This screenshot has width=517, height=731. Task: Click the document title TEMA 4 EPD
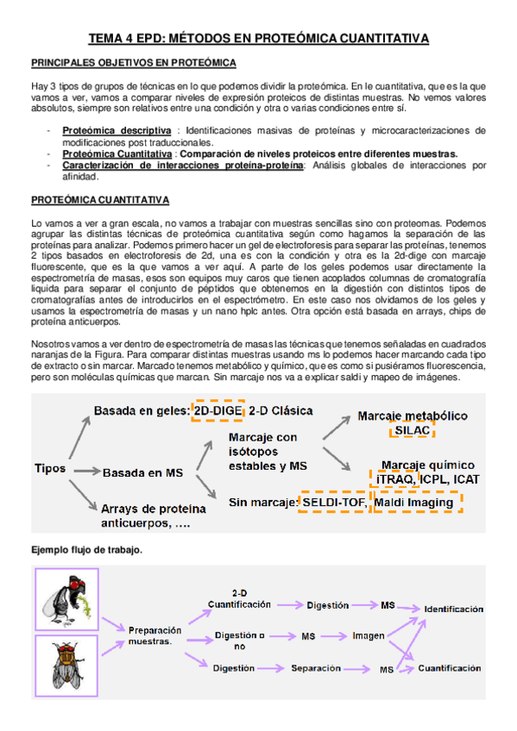259,39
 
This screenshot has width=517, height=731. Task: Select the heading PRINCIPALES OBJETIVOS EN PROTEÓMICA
134,64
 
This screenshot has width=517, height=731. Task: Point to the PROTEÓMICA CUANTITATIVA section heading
99,200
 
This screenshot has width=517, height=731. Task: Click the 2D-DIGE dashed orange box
218,411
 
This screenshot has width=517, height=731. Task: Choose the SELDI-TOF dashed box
332,502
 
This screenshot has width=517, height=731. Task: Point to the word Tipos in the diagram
50,468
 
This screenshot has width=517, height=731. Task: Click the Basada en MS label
142,473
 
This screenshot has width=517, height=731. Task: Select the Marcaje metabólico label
413,415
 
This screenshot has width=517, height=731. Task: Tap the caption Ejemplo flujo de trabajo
86,549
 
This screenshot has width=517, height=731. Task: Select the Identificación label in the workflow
453,609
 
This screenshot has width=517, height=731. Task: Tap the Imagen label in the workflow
369,636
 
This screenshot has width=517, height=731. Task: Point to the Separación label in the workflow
317,666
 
